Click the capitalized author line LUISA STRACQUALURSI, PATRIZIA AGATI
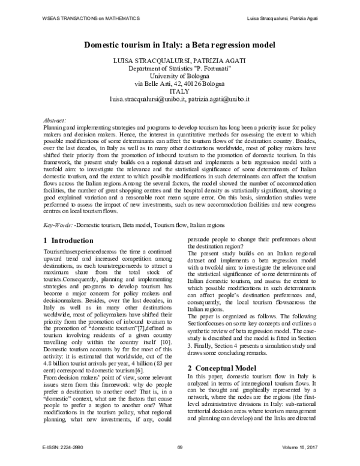click(x=179, y=61)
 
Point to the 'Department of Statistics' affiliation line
click(x=179, y=68)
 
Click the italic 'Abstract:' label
click(x=55, y=121)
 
